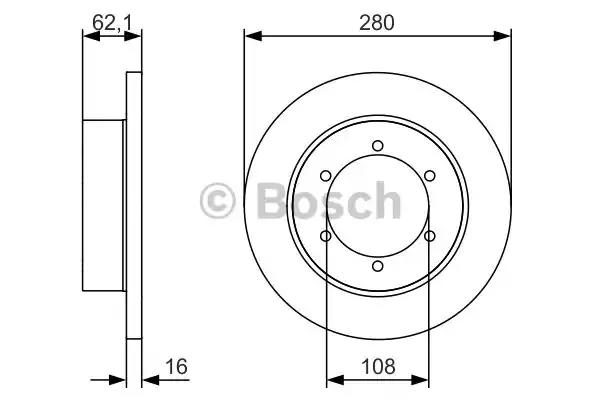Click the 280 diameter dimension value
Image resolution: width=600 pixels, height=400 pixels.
click(377, 23)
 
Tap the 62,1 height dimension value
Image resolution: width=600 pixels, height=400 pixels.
click(111, 23)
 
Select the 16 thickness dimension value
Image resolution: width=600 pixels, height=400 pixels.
click(176, 366)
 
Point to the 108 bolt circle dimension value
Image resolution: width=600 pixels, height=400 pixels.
click(378, 366)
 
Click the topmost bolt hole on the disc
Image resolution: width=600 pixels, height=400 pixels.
click(378, 146)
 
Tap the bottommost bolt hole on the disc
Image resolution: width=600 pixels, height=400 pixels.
click(378, 266)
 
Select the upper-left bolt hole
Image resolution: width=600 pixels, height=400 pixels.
click(326, 176)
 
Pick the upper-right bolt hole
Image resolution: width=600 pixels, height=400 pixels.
click(430, 176)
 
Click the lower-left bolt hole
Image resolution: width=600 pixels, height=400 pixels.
click(326, 236)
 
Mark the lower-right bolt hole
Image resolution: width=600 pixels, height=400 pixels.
click(430, 236)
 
